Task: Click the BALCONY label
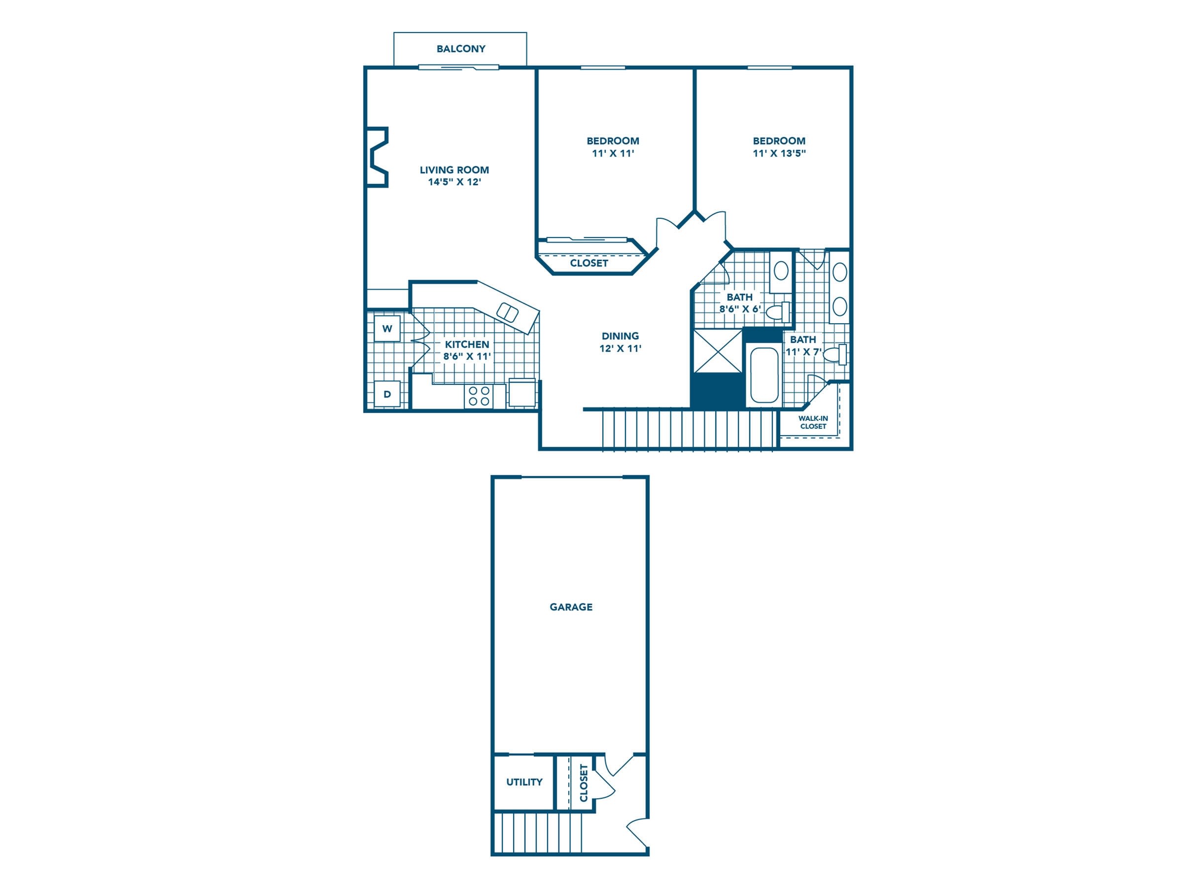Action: click(460, 49)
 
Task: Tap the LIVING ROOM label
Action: click(454, 170)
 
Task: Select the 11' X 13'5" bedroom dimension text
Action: click(779, 153)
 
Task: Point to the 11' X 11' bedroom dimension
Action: click(613, 153)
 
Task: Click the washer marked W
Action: click(387, 329)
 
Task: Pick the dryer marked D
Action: click(387, 395)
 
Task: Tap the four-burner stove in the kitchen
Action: click(479, 396)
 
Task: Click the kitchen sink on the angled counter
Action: click(508, 312)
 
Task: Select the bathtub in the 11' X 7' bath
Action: click(764, 375)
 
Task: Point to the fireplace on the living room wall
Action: click(377, 157)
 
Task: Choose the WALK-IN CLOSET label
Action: click(813, 422)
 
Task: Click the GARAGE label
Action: click(571, 607)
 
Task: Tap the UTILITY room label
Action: click(524, 782)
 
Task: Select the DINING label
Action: click(620, 336)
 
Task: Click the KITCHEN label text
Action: click(467, 344)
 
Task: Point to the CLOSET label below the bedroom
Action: click(589, 263)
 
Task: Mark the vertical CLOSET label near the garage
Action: click(584, 783)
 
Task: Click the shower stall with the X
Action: click(718, 351)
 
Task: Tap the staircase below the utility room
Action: click(537, 832)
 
